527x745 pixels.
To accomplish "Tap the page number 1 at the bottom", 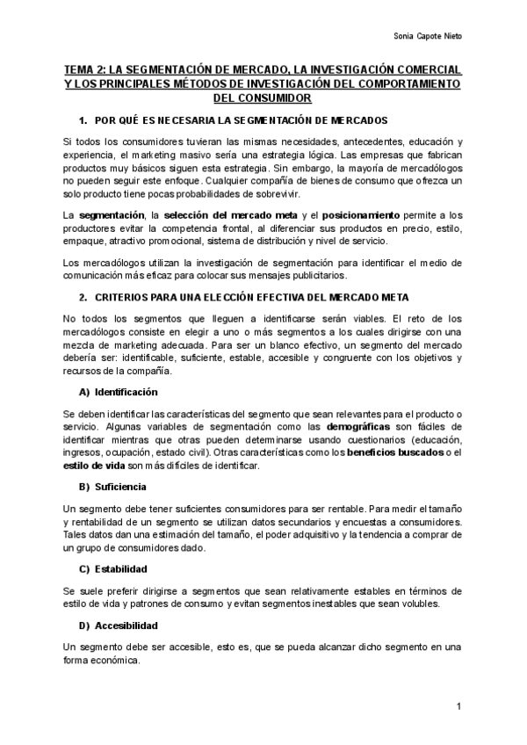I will click(459, 706).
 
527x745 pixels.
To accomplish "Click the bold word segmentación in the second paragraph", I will click(112, 215).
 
